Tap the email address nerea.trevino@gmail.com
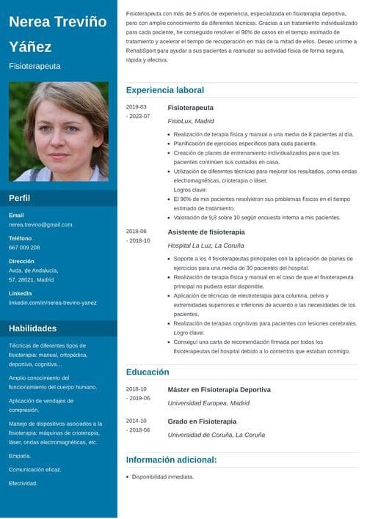(40, 224)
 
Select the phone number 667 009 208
(24, 248)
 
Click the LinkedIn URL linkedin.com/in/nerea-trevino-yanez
(52, 302)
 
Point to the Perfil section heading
(19, 198)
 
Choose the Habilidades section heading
(32, 328)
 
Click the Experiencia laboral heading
(164, 90)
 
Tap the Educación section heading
(148, 372)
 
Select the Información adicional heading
(171, 460)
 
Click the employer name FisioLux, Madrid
(191, 121)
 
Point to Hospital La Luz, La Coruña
(206, 246)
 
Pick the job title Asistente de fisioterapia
(201, 232)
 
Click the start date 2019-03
(137, 107)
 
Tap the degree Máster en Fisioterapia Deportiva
(219, 389)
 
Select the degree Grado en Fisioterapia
(202, 422)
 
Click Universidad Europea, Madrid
(208, 403)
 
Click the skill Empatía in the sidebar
(20, 456)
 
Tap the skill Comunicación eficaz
(34, 470)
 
